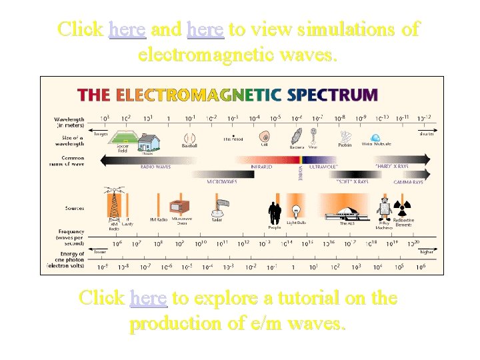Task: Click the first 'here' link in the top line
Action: point(127,29)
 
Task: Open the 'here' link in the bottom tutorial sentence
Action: point(149,298)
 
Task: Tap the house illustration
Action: point(148,141)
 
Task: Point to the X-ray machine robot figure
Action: point(384,208)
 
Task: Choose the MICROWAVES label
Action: point(220,181)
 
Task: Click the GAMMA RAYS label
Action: point(408,181)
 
